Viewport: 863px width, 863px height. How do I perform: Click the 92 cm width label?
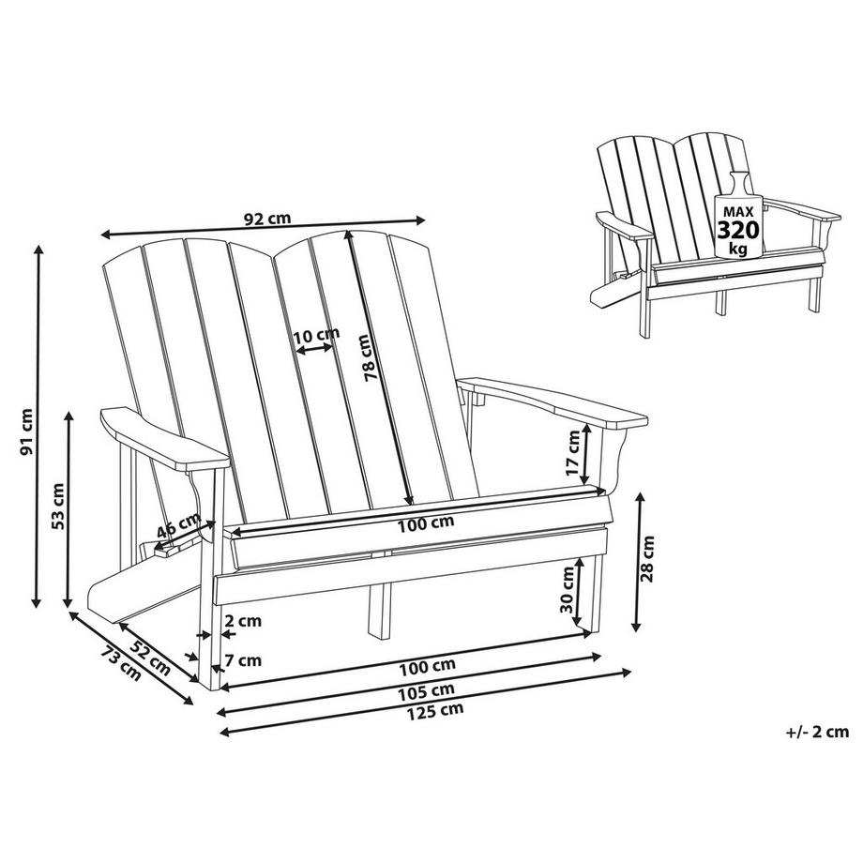(266, 218)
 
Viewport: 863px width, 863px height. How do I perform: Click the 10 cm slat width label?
(314, 335)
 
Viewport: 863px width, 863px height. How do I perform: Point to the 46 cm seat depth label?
(178, 526)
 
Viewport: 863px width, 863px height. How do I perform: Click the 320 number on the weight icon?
(738, 230)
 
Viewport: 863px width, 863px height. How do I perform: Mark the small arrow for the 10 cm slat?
(314, 350)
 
